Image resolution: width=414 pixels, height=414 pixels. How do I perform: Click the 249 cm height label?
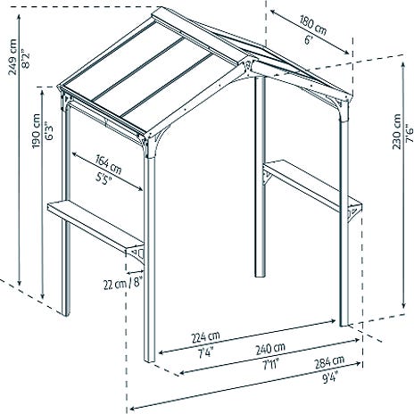click(12, 57)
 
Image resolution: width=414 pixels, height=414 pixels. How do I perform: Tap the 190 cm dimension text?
click(37, 131)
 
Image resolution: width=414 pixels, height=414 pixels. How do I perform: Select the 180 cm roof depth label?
click(313, 25)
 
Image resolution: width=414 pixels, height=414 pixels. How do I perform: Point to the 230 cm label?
click(397, 132)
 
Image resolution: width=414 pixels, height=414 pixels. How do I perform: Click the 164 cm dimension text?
click(109, 164)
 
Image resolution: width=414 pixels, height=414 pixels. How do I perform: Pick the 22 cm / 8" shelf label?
click(123, 283)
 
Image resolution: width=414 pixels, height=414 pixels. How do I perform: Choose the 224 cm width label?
click(205, 337)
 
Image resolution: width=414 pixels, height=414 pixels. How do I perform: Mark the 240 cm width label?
click(270, 349)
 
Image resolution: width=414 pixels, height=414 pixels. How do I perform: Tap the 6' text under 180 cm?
click(308, 39)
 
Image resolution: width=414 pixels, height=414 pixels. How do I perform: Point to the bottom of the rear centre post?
click(260, 275)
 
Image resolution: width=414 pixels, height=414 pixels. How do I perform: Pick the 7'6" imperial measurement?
click(410, 135)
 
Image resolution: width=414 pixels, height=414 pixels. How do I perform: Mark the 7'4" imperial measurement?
click(205, 352)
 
